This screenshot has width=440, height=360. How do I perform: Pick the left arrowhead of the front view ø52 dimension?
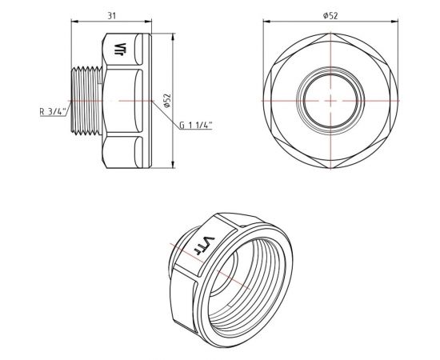(x=265, y=24)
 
